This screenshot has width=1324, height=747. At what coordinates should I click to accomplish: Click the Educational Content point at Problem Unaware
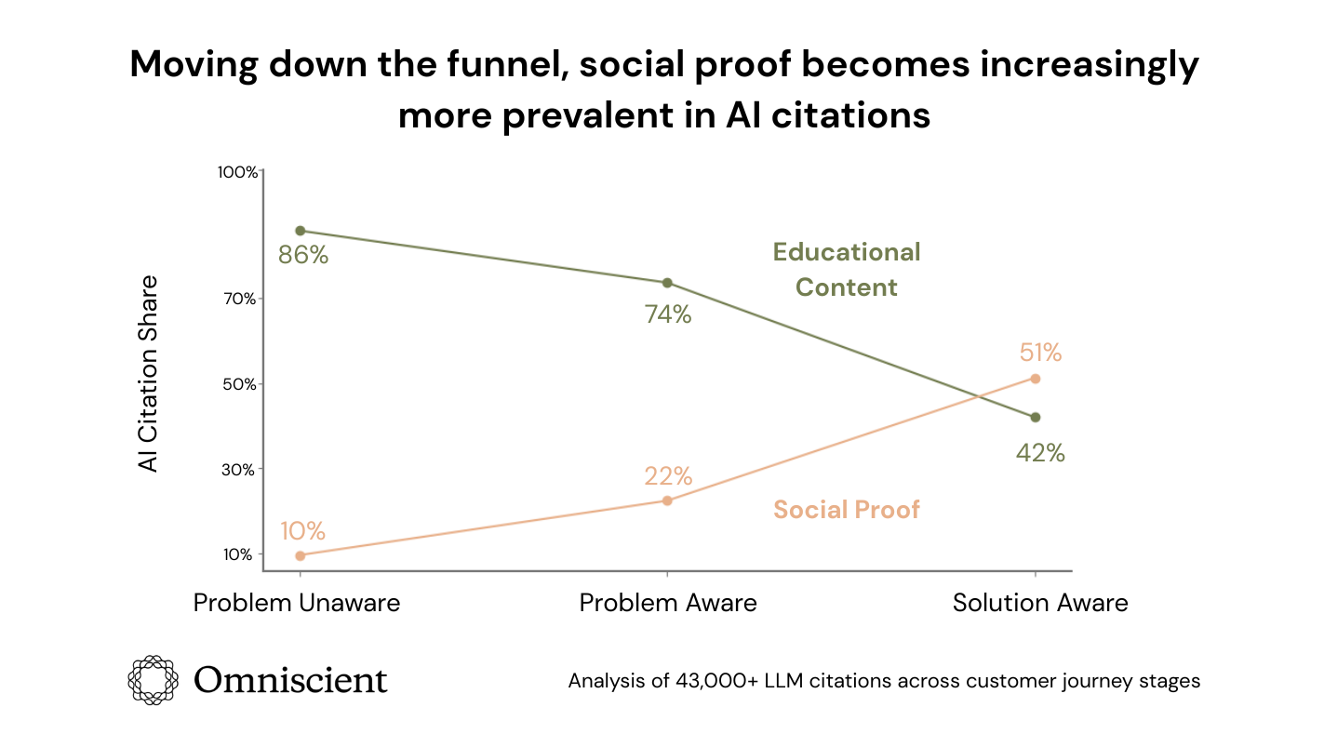[300, 231]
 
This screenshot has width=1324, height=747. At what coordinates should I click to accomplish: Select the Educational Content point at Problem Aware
[667, 283]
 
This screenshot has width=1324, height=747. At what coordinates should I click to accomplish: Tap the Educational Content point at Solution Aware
[1036, 417]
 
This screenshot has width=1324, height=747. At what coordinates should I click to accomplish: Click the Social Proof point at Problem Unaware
[300, 555]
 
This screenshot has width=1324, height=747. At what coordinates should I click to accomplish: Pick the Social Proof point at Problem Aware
[667, 500]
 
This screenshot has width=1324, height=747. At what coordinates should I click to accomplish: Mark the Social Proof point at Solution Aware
[1036, 379]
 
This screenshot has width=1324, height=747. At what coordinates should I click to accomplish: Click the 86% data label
[303, 255]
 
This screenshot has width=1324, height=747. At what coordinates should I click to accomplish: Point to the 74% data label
[668, 314]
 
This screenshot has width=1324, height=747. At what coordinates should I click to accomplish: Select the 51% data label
[1040, 353]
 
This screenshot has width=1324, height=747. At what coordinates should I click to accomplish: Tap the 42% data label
[1040, 453]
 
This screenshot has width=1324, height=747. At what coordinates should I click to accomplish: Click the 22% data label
[668, 476]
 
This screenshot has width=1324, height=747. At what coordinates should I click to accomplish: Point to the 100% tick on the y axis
[237, 172]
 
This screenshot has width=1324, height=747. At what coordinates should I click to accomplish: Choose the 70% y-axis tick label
[239, 299]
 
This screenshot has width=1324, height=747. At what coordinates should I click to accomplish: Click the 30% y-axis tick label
[239, 470]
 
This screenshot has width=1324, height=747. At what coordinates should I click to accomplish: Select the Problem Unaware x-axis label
[297, 603]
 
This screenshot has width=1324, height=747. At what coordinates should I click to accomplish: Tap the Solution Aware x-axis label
[1040, 603]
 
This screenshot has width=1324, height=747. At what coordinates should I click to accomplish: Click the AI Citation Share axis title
[149, 373]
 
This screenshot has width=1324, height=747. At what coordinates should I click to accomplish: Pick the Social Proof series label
[847, 510]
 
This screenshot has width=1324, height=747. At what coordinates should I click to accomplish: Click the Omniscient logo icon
[153, 679]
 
